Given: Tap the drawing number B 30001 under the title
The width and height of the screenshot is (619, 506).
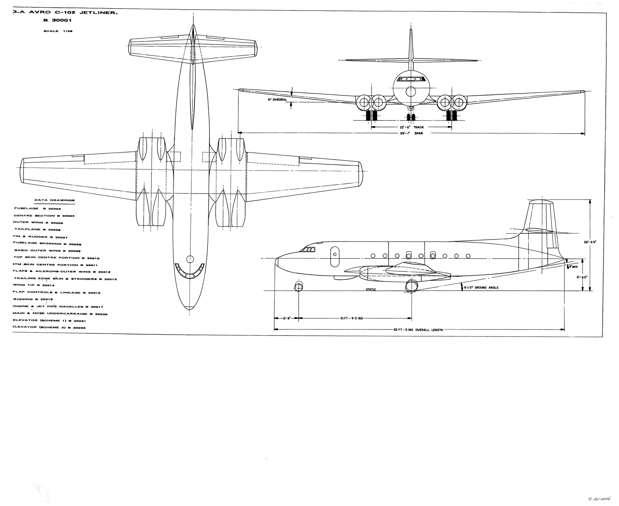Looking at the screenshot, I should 58,20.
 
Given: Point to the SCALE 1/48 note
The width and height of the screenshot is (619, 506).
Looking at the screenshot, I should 58,31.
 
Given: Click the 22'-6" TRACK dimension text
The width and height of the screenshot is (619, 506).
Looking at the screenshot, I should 411,127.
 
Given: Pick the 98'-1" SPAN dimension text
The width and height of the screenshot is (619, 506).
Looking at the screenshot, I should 411,133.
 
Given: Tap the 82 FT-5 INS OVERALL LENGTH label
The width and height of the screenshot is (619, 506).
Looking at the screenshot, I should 418,330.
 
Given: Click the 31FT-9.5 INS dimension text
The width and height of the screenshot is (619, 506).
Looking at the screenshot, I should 352,318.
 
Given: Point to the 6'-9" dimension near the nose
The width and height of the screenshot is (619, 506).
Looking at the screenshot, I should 287,318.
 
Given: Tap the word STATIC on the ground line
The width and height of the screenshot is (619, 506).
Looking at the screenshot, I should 371,289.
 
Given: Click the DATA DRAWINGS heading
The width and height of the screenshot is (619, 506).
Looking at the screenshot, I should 54,200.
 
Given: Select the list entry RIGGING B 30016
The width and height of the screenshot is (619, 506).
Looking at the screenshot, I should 33,299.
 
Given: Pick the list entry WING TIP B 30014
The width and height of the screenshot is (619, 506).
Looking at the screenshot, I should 34,285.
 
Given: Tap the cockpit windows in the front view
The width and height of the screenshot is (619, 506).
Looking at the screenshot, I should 411,79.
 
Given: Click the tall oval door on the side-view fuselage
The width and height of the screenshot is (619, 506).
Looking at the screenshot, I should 335,257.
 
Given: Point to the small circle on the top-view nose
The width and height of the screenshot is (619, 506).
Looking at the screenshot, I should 190,259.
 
